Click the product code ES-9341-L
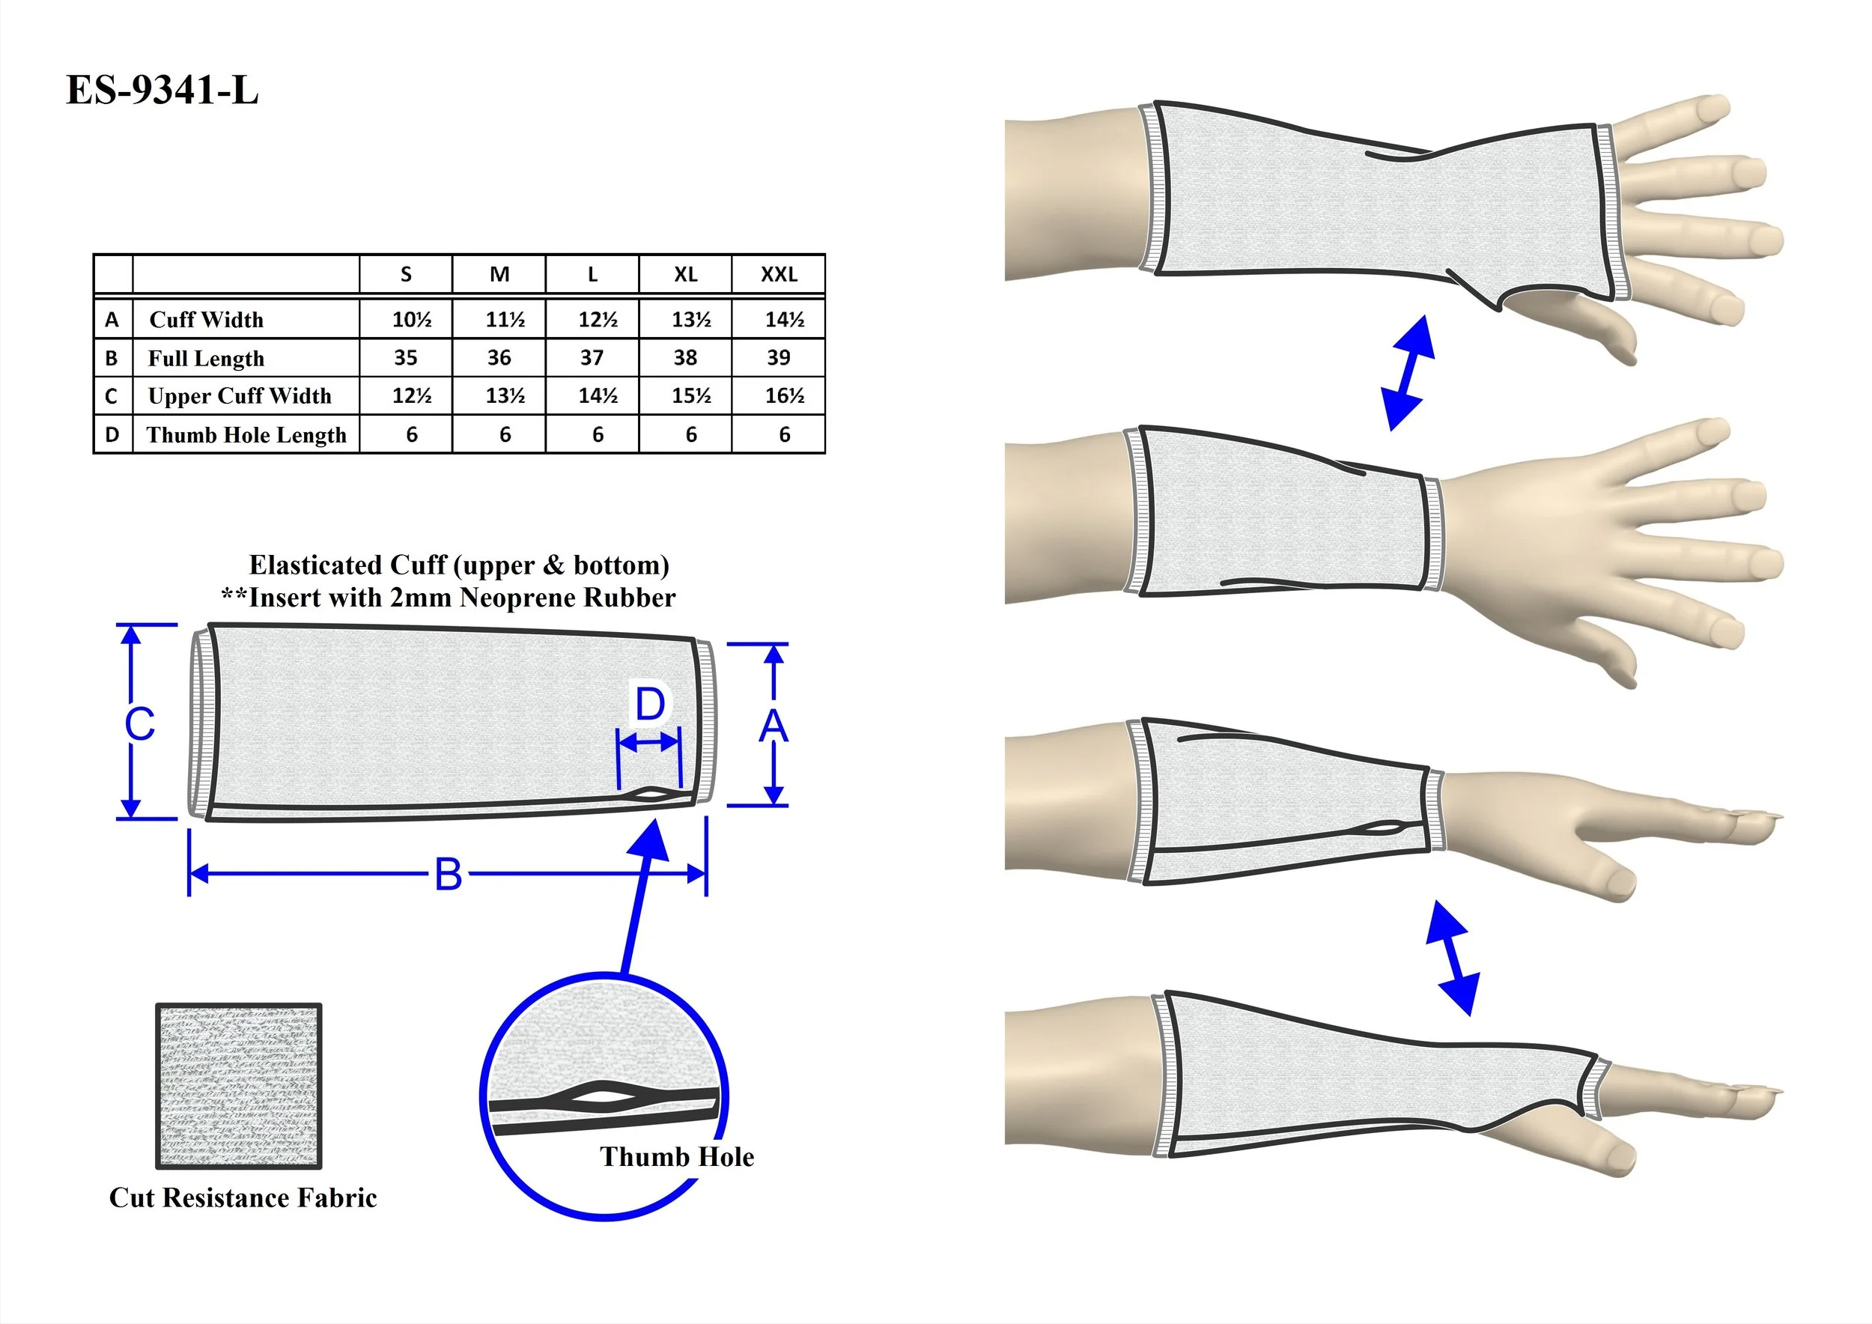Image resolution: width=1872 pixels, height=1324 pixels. point(162,90)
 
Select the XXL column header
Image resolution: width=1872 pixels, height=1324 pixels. point(779,275)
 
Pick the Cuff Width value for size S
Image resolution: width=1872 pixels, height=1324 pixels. point(411,320)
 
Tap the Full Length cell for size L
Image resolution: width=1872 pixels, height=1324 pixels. point(592,358)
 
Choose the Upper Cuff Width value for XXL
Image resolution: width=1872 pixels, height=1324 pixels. point(783,396)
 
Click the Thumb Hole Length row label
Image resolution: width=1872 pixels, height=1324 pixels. point(246,434)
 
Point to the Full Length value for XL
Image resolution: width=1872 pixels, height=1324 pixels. point(685,358)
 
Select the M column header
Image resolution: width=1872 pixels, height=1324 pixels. point(499,275)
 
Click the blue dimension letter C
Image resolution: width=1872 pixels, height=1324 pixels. point(139,724)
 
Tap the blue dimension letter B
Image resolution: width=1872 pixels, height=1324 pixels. point(448,875)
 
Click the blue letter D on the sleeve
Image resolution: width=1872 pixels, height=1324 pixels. point(650,705)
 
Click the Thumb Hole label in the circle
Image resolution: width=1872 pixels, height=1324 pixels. point(677,1157)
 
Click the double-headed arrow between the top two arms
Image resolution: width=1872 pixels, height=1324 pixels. point(1407,373)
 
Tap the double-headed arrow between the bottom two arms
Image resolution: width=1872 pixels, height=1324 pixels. point(1452,958)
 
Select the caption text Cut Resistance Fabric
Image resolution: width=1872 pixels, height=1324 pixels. point(243,1197)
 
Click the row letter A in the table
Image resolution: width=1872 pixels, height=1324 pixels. point(112,320)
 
